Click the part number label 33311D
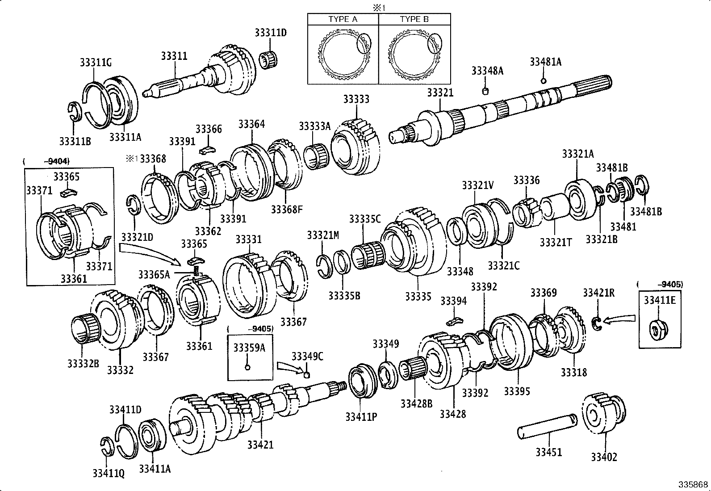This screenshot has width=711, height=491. pyautogui.click(x=270, y=33)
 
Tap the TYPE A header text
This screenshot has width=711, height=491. pyautogui.click(x=343, y=19)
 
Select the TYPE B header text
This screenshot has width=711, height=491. pyautogui.click(x=414, y=19)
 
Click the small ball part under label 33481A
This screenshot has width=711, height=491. pyautogui.click(x=543, y=81)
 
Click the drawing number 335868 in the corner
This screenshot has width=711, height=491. pyautogui.click(x=693, y=484)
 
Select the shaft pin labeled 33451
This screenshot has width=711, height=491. pyautogui.click(x=547, y=425)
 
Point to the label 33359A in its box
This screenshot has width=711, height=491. pyautogui.click(x=249, y=348)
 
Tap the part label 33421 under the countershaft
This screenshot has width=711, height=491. pyautogui.click(x=260, y=445)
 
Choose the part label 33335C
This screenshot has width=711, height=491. pyautogui.click(x=365, y=219)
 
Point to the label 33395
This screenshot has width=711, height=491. pyautogui.click(x=517, y=391)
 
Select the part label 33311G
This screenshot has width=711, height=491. pyautogui.click(x=96, y=63)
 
